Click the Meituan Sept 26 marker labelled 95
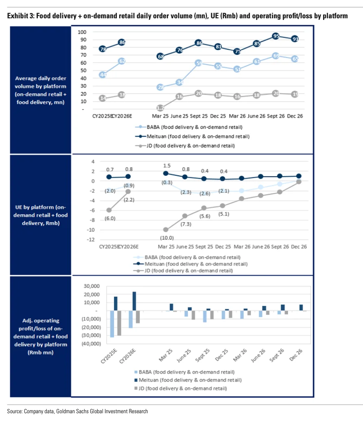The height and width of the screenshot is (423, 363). [276, 36]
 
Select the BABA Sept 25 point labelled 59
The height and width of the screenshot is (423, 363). [199, 63]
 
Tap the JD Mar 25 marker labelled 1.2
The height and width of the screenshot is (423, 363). [160, 108]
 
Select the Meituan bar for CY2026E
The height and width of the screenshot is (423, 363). [134, 301]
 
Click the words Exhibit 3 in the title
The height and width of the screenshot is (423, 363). [20, 16]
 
